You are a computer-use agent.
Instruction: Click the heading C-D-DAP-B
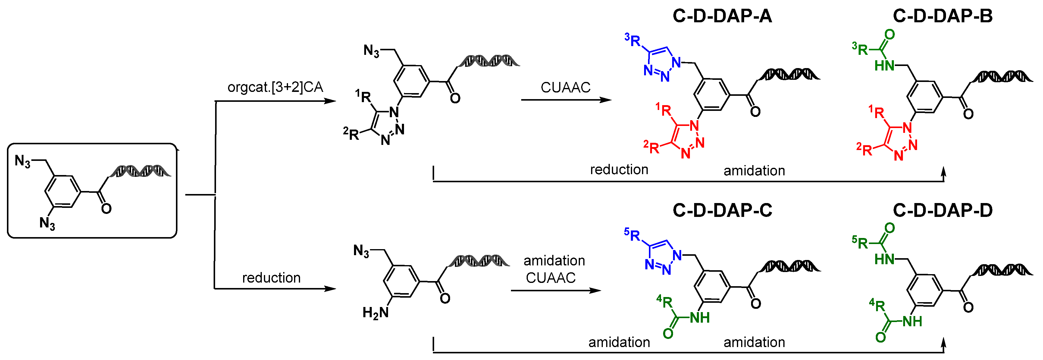[943, 16]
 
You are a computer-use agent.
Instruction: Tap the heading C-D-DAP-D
[943, 210]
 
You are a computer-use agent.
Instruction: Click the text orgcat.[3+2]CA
[275, 87]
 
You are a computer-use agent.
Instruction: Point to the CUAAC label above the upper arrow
[565, 87]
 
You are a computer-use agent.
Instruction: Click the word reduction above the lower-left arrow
[271, 278]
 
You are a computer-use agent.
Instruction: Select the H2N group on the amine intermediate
[375, 313]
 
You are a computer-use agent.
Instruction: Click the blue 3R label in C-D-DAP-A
[632, 40]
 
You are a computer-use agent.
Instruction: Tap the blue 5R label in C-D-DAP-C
[632, 234]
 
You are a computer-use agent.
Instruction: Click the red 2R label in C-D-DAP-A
[651, 147]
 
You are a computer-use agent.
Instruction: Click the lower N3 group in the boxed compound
[47, 223]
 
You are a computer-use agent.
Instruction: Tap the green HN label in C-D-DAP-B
[884, 66]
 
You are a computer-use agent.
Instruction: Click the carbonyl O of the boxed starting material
[106, 208]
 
